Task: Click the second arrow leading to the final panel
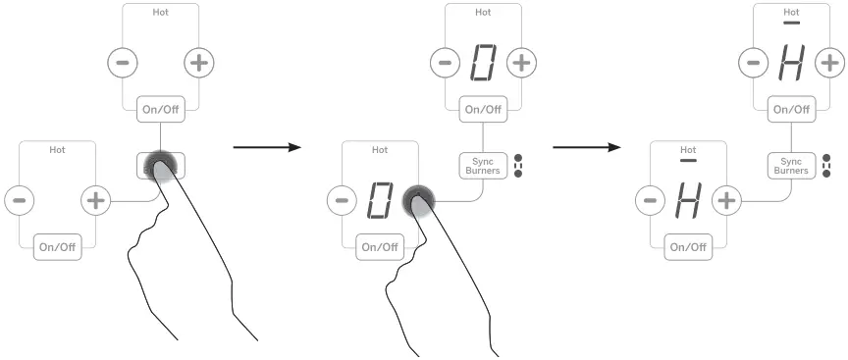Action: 586,149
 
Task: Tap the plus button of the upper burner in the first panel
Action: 198,63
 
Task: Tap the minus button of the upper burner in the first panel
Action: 122,63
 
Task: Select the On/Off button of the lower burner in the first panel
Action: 57,246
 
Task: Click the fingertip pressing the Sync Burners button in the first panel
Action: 161,167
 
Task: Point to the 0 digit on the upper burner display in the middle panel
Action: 482,64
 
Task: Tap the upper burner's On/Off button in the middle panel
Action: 481,109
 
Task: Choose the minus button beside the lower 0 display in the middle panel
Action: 340,202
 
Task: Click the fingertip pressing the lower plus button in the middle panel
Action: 419,201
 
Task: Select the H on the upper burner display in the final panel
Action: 791,64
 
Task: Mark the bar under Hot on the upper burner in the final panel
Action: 791,21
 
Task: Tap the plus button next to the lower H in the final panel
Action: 727,201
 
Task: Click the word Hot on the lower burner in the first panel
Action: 58,149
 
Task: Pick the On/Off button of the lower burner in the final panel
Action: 687,246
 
